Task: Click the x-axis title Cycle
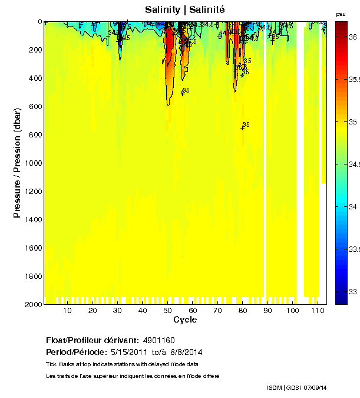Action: point(185,320)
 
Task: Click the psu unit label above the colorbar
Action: point(341,14)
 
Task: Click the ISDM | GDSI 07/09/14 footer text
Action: point(296,387)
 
